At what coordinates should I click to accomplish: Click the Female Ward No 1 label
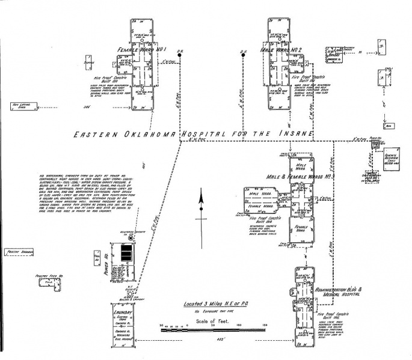[x=142, y=49]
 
